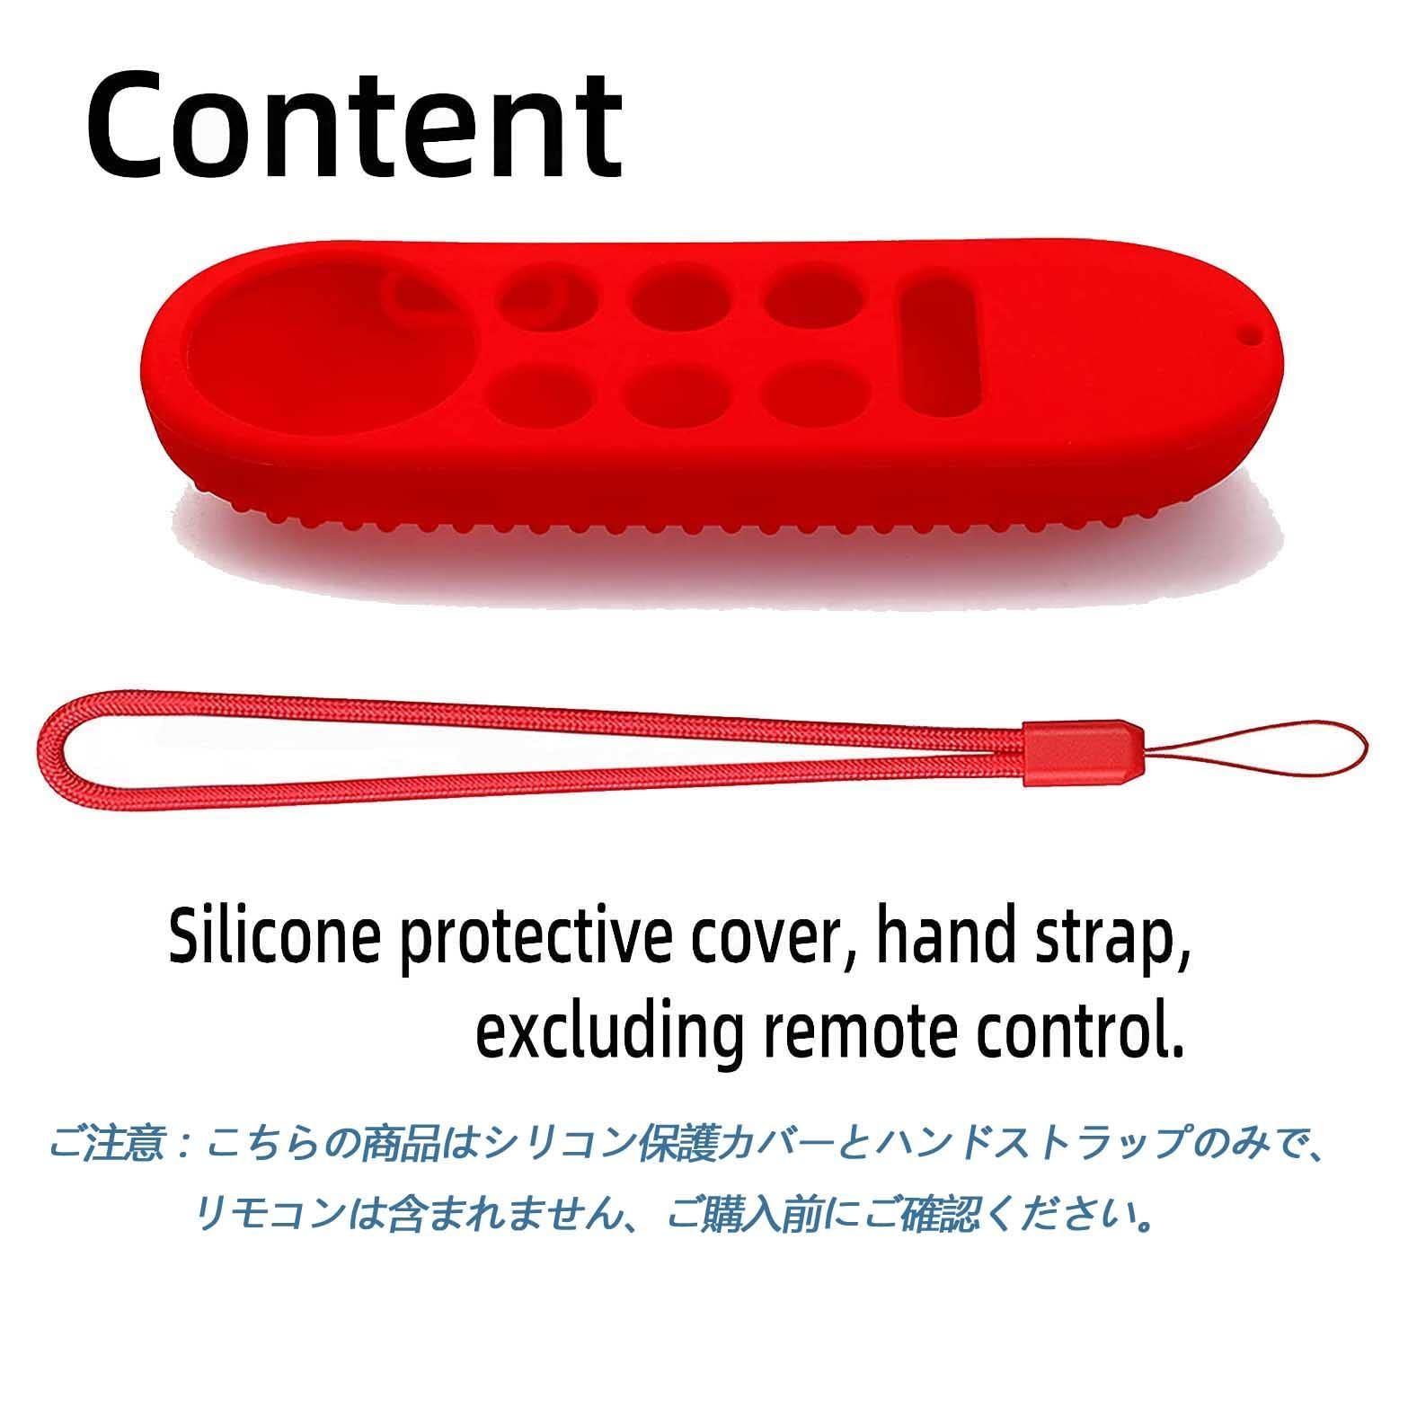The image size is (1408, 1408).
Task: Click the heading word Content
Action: click(x=354, y=123)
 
